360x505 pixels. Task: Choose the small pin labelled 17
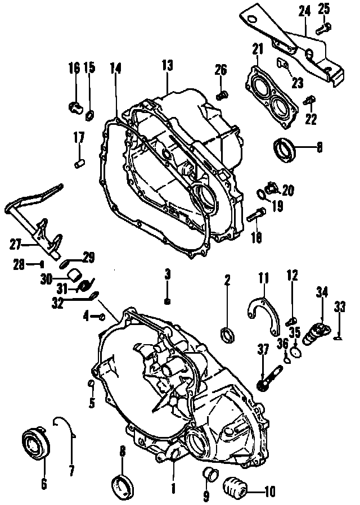[x=79, y=164]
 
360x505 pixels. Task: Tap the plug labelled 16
[x=74, y=105]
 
